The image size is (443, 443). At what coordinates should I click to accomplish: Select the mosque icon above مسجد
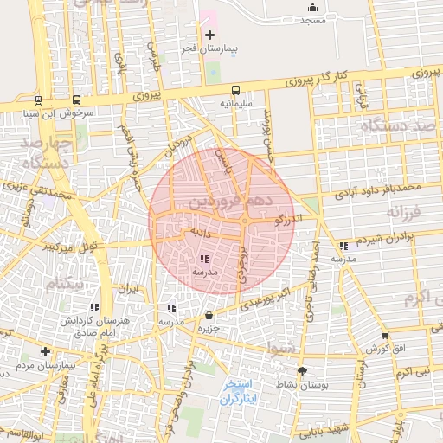pos(312,9)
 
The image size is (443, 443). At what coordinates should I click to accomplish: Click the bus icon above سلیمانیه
pos(235,90)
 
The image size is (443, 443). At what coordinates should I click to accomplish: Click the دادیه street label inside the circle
pos(194,232)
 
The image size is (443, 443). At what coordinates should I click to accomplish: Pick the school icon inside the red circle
pos(204,259)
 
